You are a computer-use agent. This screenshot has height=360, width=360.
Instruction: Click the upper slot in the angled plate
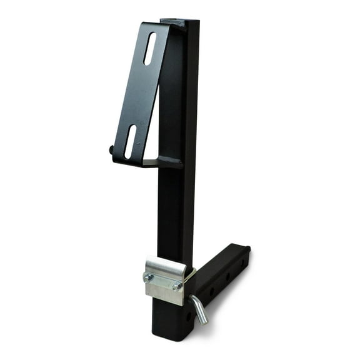click(x=150, y=49)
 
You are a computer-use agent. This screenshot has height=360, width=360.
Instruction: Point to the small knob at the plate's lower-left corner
click(x=112, y=150)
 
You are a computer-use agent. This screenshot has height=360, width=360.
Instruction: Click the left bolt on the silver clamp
click(x=148, y=277)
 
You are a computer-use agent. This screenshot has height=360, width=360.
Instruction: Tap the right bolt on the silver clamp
click(x=177, y=286)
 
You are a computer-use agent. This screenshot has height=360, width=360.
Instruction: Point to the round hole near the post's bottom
click(x=189, y=317)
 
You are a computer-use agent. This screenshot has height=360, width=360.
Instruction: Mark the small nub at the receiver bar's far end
click(x=249, y=249)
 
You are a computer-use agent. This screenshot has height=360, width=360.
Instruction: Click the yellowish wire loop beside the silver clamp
click(x=189, y=274)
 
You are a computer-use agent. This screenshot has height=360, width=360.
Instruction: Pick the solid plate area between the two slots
click(x=141, y=94)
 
